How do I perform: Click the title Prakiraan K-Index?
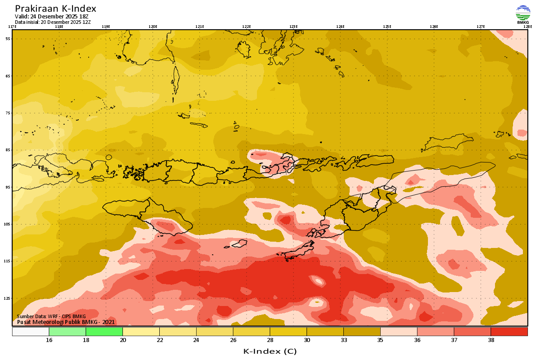click(55, 9)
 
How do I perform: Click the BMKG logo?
click(523, 14)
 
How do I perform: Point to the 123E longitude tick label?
click(293, 27)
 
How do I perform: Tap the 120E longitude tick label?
click(153, 27)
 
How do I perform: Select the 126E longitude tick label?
click(434, 27)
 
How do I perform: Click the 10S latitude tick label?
click(8, 224)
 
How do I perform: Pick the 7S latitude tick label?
click(8, 113)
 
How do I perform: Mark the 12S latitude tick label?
click(8, 298)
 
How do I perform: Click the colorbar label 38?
click(490, 340)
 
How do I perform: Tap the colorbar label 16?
click(49, 340)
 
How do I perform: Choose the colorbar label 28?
click(270, 340)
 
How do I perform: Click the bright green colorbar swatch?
click(104, 332)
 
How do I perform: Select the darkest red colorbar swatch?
click(509, 332)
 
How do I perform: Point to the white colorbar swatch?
click(31, 332)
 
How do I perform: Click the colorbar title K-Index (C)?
click(270, 351)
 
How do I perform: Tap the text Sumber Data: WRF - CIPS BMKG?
click(51, 316)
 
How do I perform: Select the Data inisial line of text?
click(53, 22)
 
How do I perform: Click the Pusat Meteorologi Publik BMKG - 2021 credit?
click(66, 322)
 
